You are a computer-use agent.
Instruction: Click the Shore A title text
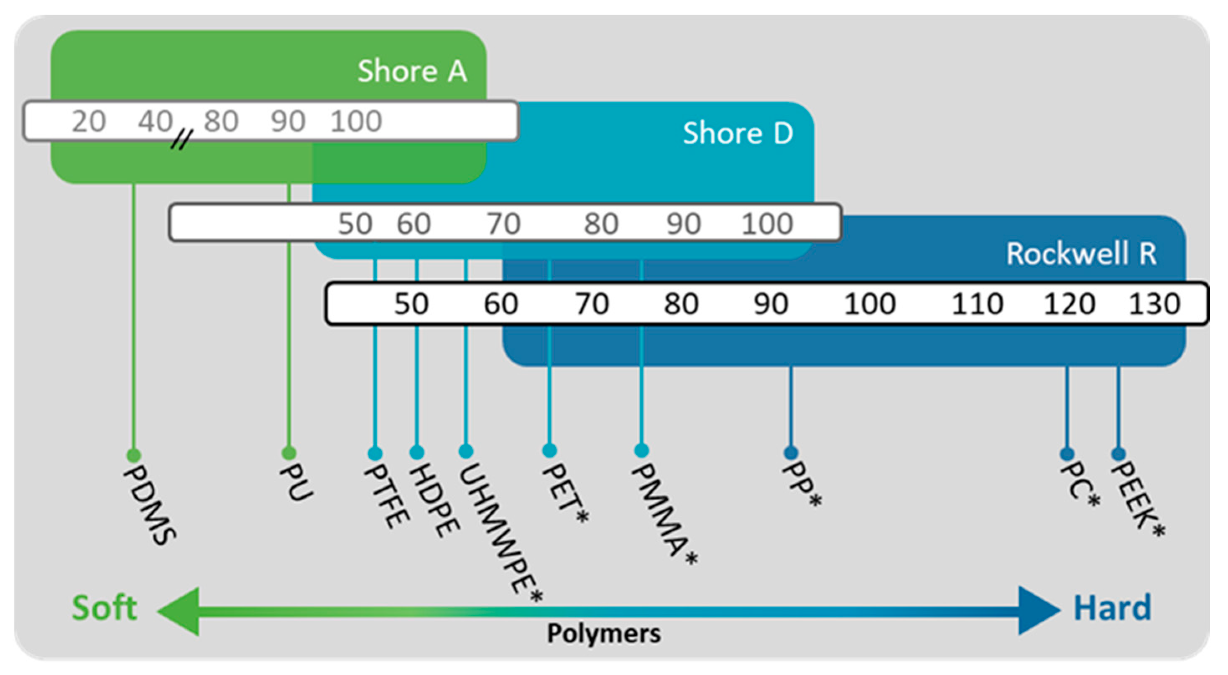[412, 71]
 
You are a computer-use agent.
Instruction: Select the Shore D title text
[738, 133]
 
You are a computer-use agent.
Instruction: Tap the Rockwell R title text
[1081, 254]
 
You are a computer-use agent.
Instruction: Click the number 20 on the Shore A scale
[88, 121]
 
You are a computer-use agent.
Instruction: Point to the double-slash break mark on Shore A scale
[181, 140]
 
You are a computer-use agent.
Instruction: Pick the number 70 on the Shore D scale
[503, 223]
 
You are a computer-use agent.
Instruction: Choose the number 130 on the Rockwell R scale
[1154, 304]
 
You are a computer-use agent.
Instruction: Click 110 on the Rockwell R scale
[977, 304]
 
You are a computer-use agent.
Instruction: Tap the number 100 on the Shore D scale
[766, 223]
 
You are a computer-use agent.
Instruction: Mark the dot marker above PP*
[791, 452]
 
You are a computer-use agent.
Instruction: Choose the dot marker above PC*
[1067, 454]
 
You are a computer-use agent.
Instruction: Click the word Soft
[105, 608]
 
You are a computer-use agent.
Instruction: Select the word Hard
[1112, 608]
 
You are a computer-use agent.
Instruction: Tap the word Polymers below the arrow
[603, 634]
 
